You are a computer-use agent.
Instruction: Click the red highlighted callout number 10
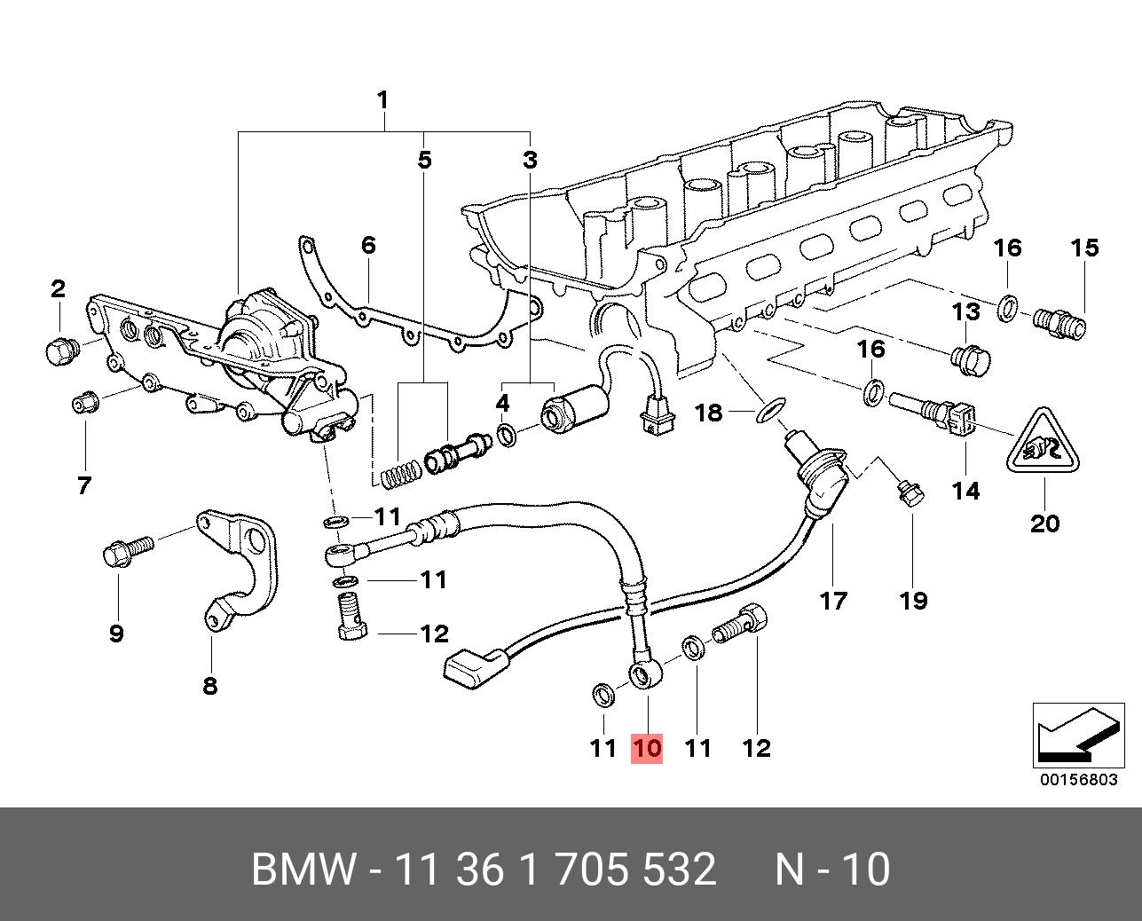647,748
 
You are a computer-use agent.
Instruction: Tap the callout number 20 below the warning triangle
1044,523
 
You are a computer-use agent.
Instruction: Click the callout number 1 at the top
382,100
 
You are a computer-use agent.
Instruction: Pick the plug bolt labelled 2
59,351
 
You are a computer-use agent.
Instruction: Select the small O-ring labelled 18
769,410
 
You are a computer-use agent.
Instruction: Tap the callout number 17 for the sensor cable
833,601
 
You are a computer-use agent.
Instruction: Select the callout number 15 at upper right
1084,248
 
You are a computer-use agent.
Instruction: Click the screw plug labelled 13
970,358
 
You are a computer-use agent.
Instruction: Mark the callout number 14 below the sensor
965,489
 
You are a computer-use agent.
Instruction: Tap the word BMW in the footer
303,870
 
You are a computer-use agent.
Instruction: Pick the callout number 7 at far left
84,485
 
